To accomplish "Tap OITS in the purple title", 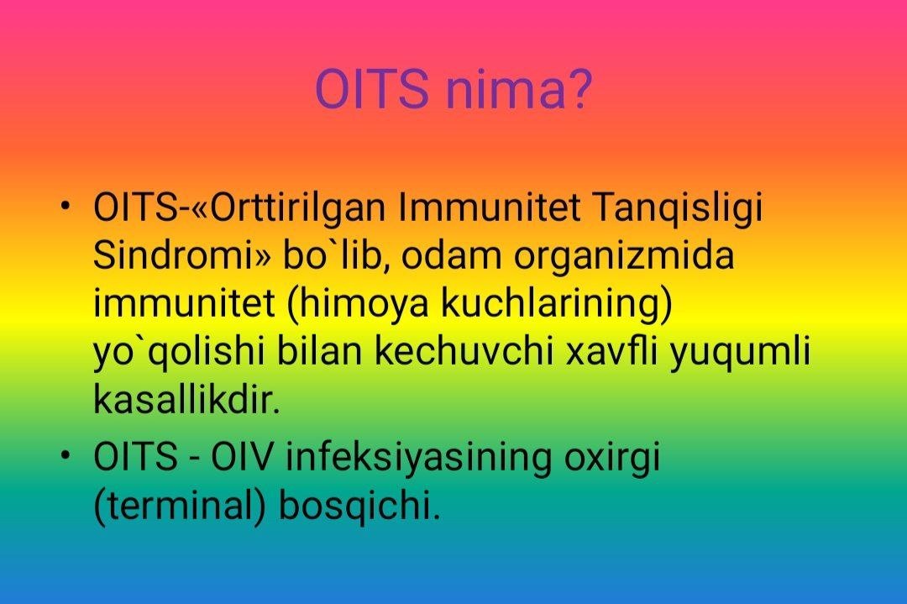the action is click(x=371, y=89).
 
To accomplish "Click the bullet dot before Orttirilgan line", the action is click(x=67, y=206).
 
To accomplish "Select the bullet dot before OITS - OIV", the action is click(x=67, y=455).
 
